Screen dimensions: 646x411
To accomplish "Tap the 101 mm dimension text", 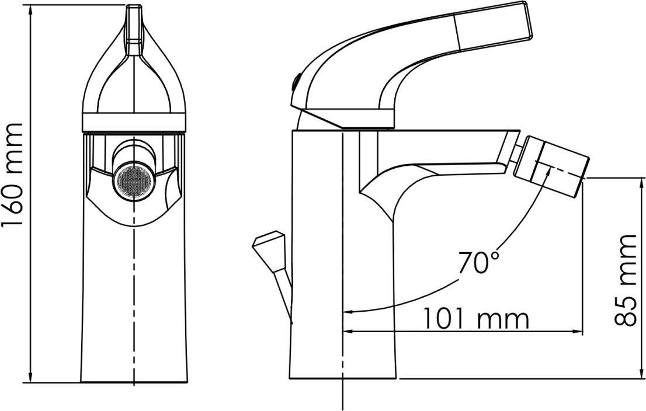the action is pyautogui.click(x=476, y=318).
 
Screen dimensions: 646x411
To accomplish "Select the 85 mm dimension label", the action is pyautogui.click(x=626, y=280).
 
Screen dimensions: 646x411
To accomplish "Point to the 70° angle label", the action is pyautogui.click(x=478, y=262).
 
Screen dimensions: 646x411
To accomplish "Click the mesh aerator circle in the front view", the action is pyautogui.click(x=134, y=181).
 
